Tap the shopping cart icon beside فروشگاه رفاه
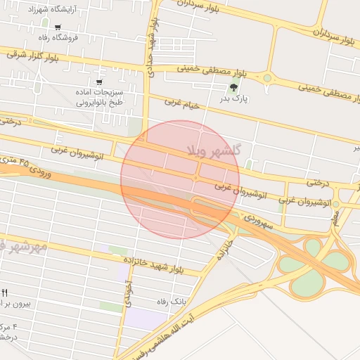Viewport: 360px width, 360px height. coord(58,27)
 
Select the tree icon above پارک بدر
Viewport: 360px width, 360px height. coord(233,87)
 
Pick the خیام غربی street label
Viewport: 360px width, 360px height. coord(182,103)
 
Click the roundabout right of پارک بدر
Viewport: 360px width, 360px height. coord(267,78)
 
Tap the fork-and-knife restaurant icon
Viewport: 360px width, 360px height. coord(5,292)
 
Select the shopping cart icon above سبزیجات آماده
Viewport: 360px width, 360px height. coord(98,71)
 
